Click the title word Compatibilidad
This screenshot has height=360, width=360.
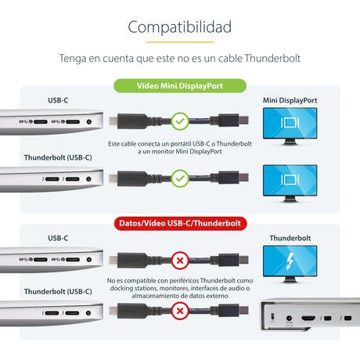tap(179, 27)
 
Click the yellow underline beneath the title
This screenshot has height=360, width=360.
tap(179, 41)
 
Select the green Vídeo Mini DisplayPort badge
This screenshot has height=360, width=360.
tap(180, 86)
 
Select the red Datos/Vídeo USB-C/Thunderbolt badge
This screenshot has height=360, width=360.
tap(180, 223)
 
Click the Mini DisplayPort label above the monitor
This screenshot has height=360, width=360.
tap(290, 100)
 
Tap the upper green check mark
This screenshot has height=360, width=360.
tap(179, 121)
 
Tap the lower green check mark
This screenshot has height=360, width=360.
tap(179, 178)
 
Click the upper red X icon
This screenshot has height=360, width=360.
tap(179, 259)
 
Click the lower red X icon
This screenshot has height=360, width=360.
tap(179, 313)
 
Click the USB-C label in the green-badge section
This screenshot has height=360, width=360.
tap(58, 100)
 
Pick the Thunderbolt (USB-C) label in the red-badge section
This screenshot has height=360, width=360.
tap(58, 292)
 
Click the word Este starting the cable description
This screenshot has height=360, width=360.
tap(114, 144)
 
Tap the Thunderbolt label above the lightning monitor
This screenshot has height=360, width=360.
tap(290, 237)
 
